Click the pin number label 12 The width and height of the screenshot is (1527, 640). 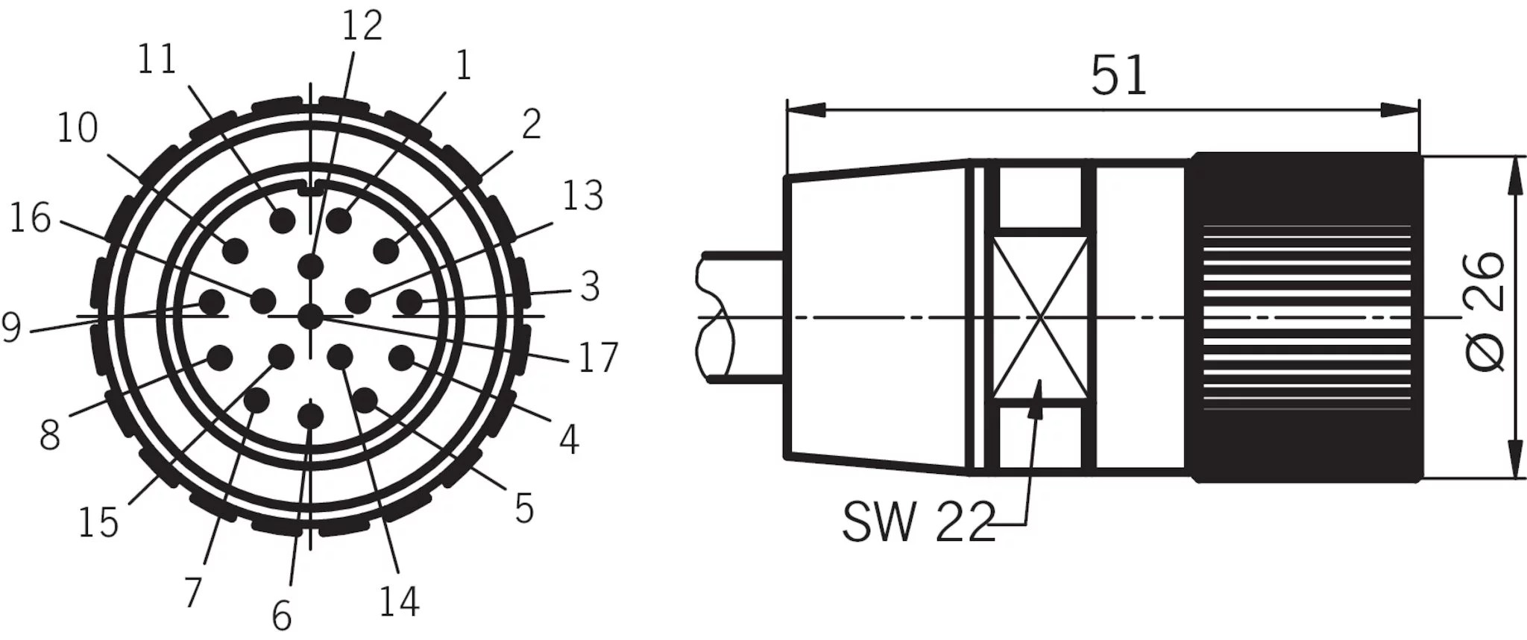point(362,26)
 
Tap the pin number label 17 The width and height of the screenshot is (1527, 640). point(598,358)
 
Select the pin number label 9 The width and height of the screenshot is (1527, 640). point(11,328)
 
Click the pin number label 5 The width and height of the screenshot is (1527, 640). point(525,509)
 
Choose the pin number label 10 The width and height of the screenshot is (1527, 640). point(78,128)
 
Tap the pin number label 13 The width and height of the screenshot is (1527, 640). point(582,196)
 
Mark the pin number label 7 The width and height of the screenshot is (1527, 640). point(193,593)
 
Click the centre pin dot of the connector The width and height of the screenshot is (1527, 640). point(309,317)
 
